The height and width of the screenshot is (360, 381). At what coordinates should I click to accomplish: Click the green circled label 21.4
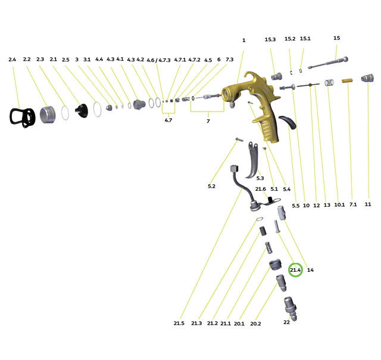pos(296,270)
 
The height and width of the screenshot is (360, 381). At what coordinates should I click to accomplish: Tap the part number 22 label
pos(286,322)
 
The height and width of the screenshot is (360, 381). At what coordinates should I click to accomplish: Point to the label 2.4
pos(13,60)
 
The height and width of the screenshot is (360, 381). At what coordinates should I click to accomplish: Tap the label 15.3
pos(270,40)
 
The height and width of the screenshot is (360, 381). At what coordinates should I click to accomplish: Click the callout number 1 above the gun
pos(243,41)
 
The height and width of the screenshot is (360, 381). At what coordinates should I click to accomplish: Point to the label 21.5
pos(179,323)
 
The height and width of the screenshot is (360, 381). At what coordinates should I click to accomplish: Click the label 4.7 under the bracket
pos(168,120)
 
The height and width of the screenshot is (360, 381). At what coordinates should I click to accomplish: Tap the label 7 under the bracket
pos(208,121)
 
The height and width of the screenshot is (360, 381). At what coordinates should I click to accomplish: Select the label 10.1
pos(339,205)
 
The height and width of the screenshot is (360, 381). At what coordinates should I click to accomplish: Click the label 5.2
pos(211,187)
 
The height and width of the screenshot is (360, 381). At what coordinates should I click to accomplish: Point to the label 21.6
pos(261,189)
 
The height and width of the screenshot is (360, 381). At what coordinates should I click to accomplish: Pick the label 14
pos(310,270)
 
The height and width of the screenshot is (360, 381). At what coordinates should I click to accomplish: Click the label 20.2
pos(256,324)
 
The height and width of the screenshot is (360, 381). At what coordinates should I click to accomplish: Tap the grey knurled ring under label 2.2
pos(48,114)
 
